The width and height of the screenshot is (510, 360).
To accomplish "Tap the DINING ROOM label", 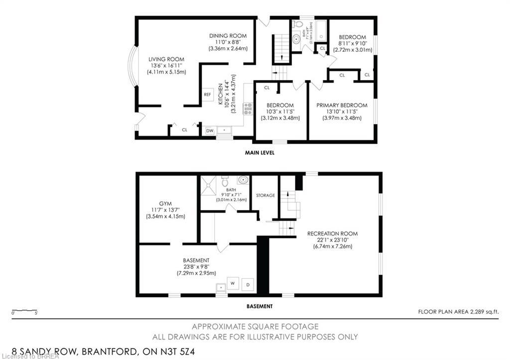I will (228, 36).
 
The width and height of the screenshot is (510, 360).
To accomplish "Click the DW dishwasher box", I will (210, 130).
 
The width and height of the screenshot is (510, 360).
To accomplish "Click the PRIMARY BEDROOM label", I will (342, 105).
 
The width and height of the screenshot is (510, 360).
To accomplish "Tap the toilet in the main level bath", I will (298, 24).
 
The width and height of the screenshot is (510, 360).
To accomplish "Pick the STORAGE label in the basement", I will (265, 196).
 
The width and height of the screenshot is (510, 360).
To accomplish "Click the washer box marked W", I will (233, 283).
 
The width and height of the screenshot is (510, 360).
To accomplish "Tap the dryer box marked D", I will (248, 285).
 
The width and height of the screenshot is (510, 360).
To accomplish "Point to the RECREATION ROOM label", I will (332, 234).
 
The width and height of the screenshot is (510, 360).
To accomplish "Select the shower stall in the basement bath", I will (209, 185).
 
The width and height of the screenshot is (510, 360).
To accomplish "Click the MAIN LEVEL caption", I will (259, 153).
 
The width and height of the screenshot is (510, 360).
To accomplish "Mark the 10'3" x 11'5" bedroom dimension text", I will (280, 112).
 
